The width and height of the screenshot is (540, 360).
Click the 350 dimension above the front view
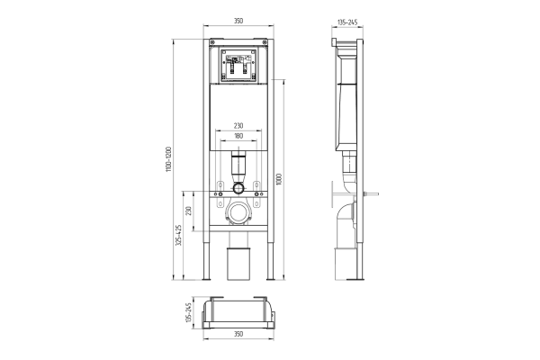238,21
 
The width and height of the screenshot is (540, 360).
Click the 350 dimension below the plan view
238,334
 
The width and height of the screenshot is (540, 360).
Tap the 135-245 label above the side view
347,22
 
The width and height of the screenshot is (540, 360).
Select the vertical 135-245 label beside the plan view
188,312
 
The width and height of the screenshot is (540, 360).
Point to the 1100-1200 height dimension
168,159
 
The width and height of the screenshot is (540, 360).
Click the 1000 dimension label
279,179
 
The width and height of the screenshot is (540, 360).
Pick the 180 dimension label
238,136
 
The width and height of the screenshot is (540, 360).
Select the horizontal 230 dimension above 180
238,126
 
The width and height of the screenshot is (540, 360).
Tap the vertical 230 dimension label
188,211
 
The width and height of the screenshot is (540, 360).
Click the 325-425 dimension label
178,235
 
